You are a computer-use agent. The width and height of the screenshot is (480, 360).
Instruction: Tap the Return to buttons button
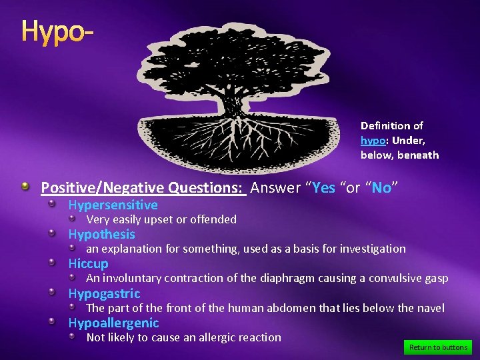pyautogui.click(x=437, y=347)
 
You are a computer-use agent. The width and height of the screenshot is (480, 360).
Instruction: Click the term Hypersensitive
pyautogui.click(x=113, y=205)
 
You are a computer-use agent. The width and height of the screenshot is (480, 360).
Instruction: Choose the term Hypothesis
pyautogui.click(x=101, y=235)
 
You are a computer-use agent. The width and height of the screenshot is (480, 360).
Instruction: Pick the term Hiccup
pyautogui.click(x=88, y=264)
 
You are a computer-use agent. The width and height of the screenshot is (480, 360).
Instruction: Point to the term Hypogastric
pyautogui.click(x=104, y=294)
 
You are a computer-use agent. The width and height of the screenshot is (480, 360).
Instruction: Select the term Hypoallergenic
pyautogui.click(x=113, y=323)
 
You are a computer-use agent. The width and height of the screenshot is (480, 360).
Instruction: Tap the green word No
pyautogui.click(x=381, y=188)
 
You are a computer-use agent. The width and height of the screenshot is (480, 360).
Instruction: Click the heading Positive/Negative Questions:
pyautogui.click(x=143, y=188)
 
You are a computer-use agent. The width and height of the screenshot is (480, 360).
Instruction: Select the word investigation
pyautogui.click(x=373, y=249)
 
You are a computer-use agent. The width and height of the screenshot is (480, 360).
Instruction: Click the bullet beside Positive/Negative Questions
pyautogui.click(x=25, y=188)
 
